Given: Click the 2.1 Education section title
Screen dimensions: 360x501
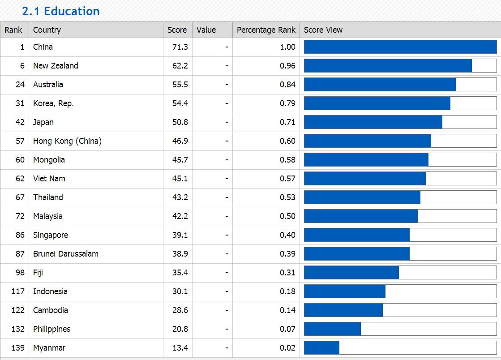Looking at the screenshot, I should (61, 11).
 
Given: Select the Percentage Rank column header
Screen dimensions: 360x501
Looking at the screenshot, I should (266, 30).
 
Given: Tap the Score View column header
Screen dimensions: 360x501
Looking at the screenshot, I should (323, 30).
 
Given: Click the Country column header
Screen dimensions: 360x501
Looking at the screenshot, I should (47, 30).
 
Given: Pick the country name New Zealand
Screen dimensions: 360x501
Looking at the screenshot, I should (56, 66).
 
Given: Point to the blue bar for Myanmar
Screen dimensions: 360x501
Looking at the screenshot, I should (321, 348).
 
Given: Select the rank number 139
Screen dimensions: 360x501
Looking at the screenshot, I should (18, 348).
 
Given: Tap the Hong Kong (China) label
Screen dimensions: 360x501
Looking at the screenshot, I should (67, 141).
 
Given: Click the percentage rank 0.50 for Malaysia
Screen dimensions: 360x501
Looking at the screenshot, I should (287, 216).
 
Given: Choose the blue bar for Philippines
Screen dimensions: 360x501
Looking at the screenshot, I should (332, 329).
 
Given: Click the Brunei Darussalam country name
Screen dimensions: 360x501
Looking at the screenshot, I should (66, 254).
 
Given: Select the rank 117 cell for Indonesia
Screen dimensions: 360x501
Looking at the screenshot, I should (18, 291).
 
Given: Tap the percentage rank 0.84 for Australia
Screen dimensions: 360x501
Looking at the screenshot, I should (287, 85).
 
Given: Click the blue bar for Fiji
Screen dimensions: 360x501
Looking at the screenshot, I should (351, 273).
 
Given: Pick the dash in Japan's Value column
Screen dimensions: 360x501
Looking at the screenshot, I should (227, 122).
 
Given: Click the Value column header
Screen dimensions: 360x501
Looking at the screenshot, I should (206, 30).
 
